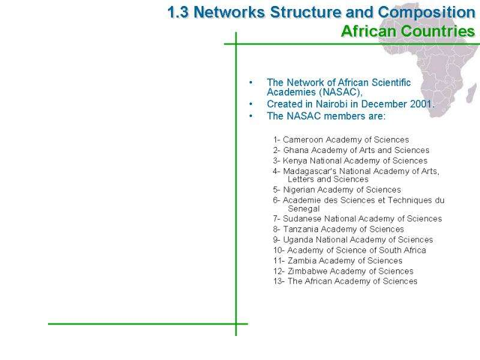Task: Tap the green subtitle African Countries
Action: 408,31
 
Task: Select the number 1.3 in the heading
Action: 178,13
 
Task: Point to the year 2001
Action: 421,104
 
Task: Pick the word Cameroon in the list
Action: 303,140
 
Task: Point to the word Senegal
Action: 304,209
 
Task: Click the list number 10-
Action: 279,250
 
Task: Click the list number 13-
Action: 279,281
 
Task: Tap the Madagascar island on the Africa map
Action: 472,93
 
